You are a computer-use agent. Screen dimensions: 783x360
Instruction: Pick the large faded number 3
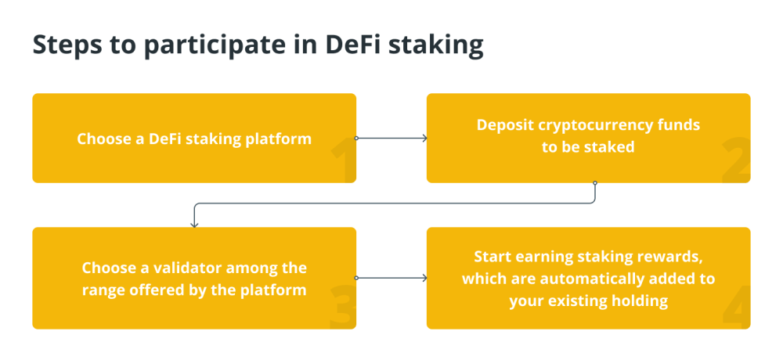coord(342,307)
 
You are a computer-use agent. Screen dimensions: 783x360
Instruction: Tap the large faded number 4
coord(736,307)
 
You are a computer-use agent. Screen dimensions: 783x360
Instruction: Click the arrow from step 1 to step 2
coord(391,139)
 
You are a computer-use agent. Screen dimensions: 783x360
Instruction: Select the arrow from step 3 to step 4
coord(391,278)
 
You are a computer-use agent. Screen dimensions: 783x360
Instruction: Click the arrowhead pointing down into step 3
coord(195,225)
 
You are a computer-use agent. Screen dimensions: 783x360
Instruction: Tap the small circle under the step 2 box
coord(595,183)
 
